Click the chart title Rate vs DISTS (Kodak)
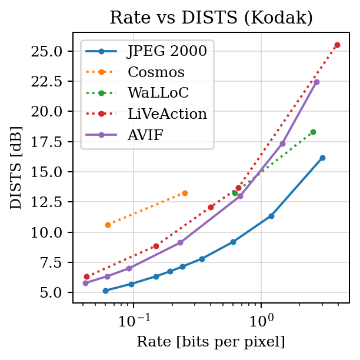[211, 18]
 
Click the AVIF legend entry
[146, 135]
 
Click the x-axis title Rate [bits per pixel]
[211, 342]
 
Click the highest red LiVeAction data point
[337, 45]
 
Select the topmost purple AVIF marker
[316, 82]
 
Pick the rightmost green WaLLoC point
[313, 132]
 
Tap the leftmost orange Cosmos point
[108, 225]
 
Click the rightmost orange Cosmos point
[185, 193]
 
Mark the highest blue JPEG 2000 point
[322, 158]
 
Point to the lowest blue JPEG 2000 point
[105, 291]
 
